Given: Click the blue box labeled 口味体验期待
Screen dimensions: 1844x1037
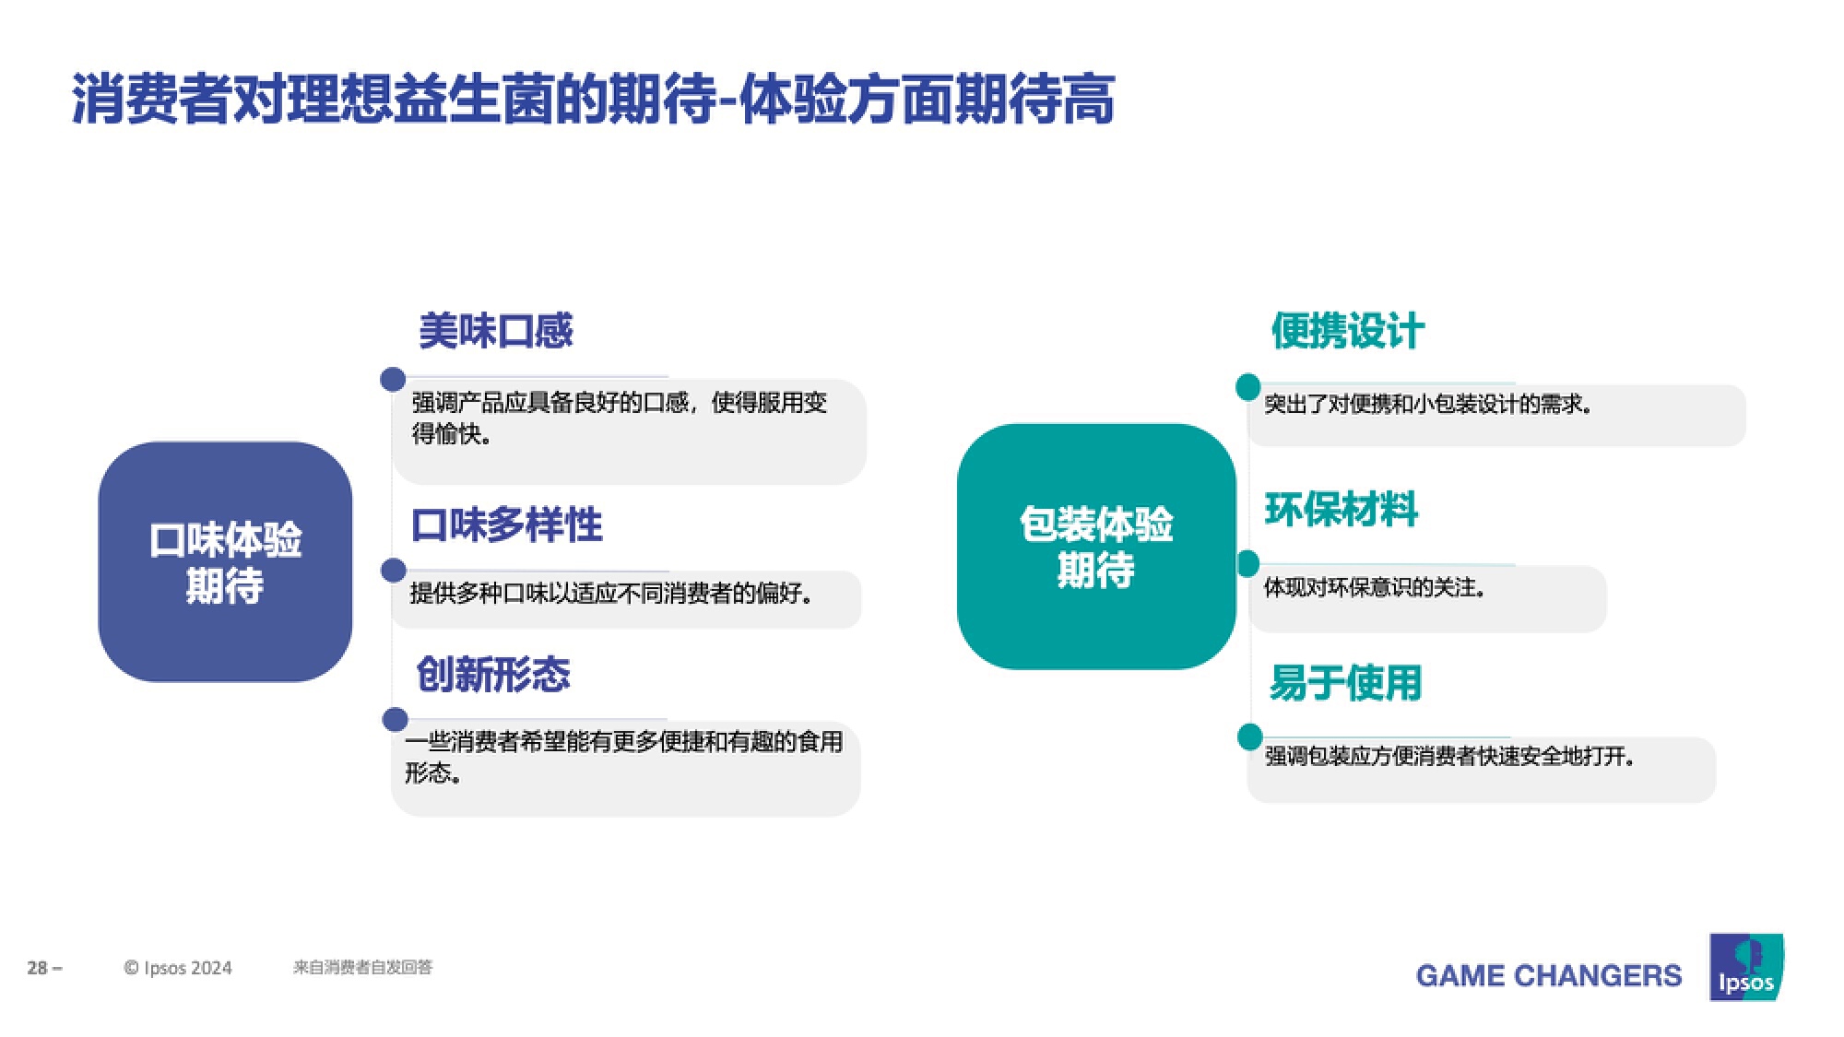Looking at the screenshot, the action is pyautogui.click(x=225, y=561).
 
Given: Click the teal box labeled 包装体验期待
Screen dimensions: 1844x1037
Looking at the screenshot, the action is pyautogui.click(x=1096, y=547).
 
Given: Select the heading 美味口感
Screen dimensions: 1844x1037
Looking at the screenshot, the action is pyautogui.click(x=496, y=331).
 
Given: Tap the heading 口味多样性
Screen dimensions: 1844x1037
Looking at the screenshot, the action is pyautogui.click(x=507, y=525).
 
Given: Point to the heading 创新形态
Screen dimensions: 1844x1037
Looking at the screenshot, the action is pyautogui.click(x=493, y=675).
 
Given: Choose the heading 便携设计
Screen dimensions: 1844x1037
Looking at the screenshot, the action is pyautogui.click(x=1348, y=331).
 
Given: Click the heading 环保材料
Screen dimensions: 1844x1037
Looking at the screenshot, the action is pyautogui.click(x=1342, y=510).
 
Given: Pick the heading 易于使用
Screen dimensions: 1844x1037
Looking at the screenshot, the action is pyautogui.click(x=1345, y=683).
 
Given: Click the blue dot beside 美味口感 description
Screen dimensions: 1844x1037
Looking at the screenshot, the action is pyautogui.click(x=393, y=379).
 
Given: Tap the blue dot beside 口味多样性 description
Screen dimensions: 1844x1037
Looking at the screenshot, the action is pyautogui.click(x=394, y=571).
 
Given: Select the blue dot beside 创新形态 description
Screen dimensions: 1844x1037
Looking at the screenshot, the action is pyautogui.click(x=396, y=720).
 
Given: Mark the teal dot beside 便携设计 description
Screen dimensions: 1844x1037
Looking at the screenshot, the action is pyautogui.click(x=1248, y=387).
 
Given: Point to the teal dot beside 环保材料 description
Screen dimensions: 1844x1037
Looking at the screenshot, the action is pyautogui.click(x=1247, y=563).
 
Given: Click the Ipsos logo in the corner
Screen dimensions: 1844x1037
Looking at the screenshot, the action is pyautogui.click(x=1746, y=967).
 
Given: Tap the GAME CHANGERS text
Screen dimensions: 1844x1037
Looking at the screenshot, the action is pyautogui.click(x=1549, y=975).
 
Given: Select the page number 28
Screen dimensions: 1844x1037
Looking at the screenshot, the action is pyautogui.click(x=38, y=968).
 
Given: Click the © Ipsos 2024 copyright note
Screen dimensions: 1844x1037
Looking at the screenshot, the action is pyautogui.click(x=178, y=968).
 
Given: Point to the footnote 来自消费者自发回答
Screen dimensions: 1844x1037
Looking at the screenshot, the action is pyautogui.click(x=362, y=967).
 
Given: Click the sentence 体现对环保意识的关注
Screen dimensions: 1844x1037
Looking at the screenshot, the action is pyautogui.click(x=1375, y=587).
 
